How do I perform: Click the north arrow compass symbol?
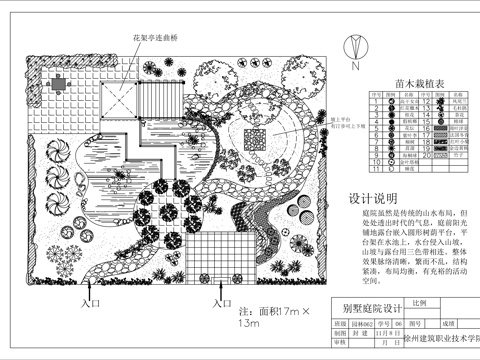click(354, 46)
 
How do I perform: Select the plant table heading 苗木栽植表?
click(393, 86)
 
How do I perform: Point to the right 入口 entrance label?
click(221, 300)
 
